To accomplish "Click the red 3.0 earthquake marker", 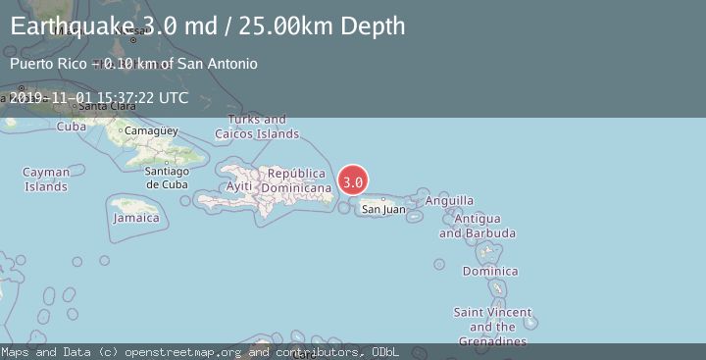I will [x=353, y=181].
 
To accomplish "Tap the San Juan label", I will [x=383, y=209].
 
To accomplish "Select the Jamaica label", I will [x=136, y=218].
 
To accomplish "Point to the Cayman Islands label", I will [x=46, y=179].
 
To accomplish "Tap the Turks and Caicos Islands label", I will [x=257, y=127].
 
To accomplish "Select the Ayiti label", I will [x=239, y=186].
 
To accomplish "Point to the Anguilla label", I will [x=449, y=201].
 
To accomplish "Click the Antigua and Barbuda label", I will [x=478, y=226].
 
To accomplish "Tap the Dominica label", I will [x=490, y=272].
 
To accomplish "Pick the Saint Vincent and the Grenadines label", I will [x=492, y=327].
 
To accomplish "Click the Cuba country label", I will [x=72, y=127].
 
